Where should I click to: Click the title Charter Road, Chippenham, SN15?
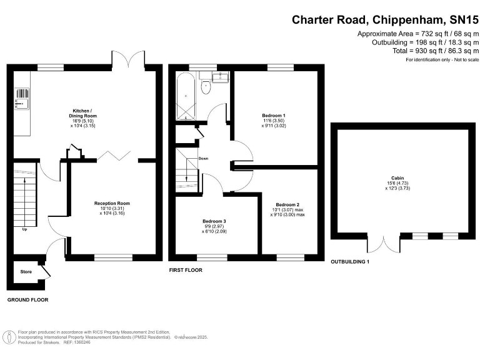[x=385, y=19]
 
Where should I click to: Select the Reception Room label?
[x=112, y=204]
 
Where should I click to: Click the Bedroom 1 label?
[x=274, y=116]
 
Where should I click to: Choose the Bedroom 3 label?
[x=214, y=221]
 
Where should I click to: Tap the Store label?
[x=26, y=272]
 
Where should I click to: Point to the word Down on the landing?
[x=203, y=159]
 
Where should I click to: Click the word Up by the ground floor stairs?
[x=25, y=229]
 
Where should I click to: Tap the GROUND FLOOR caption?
[x=27, y=300]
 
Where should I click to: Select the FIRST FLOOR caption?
[x=186, y=270]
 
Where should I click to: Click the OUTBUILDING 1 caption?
[x=350, y=261]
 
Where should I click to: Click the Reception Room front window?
[x=113, y=256]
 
